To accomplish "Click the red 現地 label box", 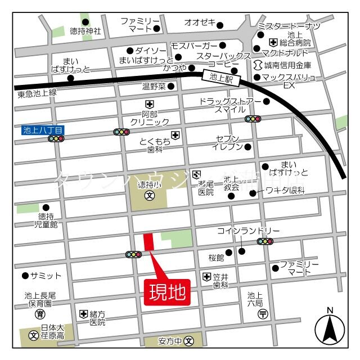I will (x=167, y=292).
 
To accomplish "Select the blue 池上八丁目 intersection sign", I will (x=43, y=130).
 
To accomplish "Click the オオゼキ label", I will (x=200, y=22).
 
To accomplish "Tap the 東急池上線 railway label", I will (x=37, y=93).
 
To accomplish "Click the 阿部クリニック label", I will (x=149, y=117).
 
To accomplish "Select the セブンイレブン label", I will (x=227, y=143).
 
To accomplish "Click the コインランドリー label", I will (x=248, y=231).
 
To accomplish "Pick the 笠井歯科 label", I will (x=220, y=281).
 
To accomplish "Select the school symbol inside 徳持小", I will (x=150, y=196).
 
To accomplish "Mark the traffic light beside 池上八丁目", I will (x=56, y=139).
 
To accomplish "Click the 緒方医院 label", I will (x=97, y=318).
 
